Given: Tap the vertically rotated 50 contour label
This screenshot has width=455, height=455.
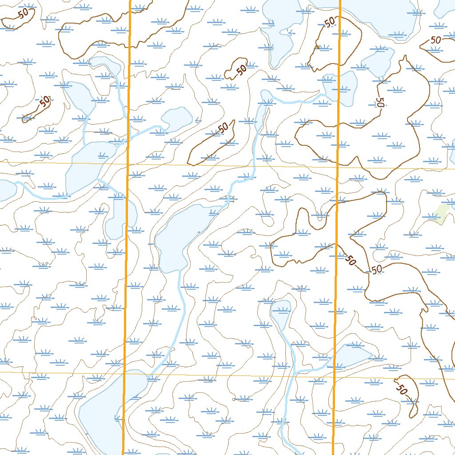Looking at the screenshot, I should pos(379,103).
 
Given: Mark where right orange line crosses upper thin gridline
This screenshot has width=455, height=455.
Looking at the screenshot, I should pos(338,168).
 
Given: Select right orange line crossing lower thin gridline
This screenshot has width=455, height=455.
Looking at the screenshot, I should pos(334,377).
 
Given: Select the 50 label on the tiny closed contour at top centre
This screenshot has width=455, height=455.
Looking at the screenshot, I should pos(241,70).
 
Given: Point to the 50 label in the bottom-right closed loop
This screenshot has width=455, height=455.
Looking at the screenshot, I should pos(401,390).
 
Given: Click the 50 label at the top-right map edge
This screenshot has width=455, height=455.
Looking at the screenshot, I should pos(436,40).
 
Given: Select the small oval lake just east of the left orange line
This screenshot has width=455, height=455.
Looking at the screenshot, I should pos(177,119).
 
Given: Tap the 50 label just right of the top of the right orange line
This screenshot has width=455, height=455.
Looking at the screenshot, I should pos(330,23).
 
